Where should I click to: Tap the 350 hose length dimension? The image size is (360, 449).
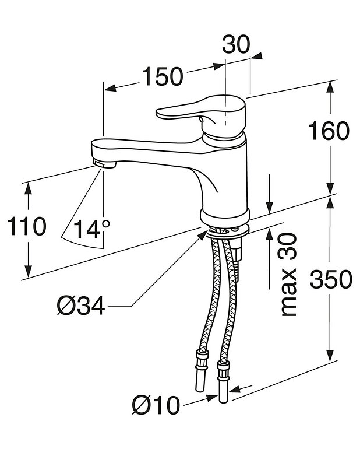pos(330,280)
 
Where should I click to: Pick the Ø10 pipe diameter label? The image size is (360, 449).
pos(156,405)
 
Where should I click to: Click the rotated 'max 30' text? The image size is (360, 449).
pos(288,273)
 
